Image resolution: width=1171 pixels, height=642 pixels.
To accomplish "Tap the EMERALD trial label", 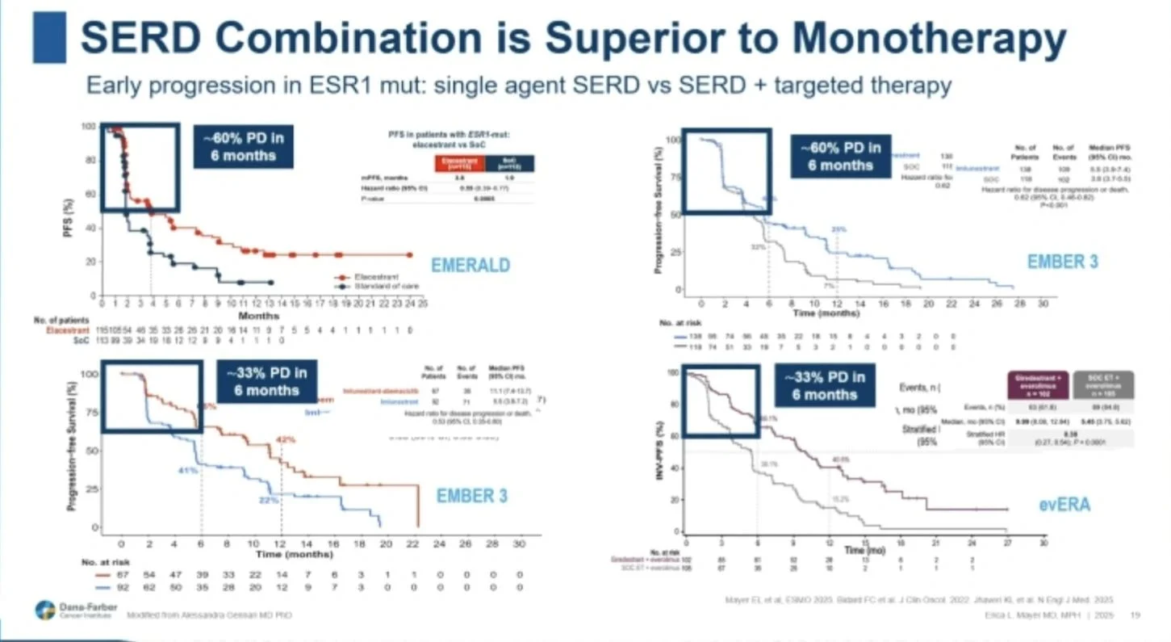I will pyautogui.click(x=470, y=264).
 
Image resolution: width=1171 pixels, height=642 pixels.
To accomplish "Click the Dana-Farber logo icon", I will pyautogui.click(x=45, y=610).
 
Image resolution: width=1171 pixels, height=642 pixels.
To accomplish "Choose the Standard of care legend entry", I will pyautogui.click(x=371, y=286).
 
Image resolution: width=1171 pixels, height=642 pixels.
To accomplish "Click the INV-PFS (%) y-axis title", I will pyautogui.click(x=659, y=452).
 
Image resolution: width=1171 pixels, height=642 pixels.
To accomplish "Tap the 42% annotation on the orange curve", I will pyautogui.click(x=286, y=439).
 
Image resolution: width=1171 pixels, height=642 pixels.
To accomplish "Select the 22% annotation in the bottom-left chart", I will pyautogui.click(x=268, y=500).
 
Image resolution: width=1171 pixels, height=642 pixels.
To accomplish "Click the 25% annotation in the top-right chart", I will pyautogui.click(x=839, y=229).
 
